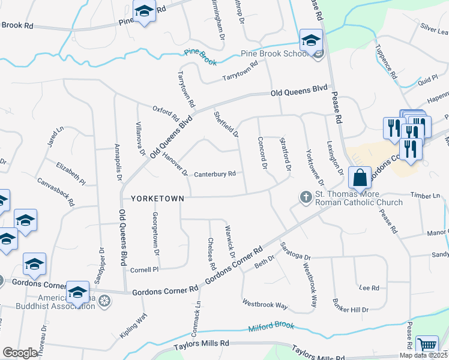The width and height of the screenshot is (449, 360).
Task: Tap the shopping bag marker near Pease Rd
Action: point(360,178)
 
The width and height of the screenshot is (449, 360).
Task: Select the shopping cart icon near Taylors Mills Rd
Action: point(427,346)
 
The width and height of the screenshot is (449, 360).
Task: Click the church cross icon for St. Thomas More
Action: point(306,197)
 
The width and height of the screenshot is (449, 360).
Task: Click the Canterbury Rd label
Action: point(214,175)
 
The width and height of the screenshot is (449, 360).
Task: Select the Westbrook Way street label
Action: point(265,305)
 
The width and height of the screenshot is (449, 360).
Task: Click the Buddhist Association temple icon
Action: point(105,299)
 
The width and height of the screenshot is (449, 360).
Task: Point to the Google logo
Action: point(20,353)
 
